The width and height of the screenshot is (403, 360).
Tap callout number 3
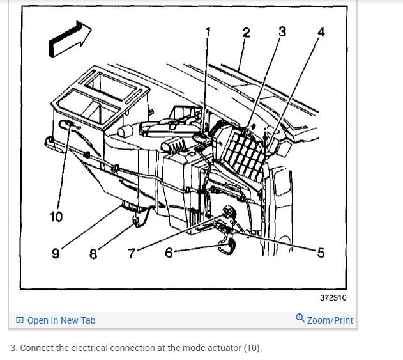point(282,31)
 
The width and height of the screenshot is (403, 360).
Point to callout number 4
point(321,33)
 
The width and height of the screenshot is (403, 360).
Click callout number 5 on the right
point(320,253)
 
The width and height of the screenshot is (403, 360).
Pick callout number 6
point(169,253)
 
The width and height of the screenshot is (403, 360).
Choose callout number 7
point(132,253)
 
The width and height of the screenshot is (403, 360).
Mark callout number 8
point(93,253)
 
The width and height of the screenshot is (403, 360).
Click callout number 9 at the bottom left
point(56,253)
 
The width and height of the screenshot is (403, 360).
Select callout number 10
point(56,216)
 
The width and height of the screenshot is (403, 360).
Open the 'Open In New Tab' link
point(61,320)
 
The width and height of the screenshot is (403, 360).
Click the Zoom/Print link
point(330,320)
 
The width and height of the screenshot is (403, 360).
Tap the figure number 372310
point(333,297)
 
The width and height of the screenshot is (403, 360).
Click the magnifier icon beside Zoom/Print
point(300,319)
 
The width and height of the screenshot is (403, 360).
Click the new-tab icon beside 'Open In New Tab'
point(20,320)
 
